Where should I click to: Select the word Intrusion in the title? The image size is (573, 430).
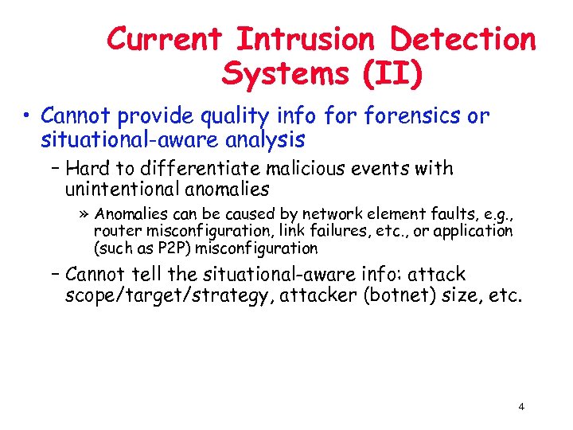[305, 39]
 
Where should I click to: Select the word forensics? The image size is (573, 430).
[413, 116]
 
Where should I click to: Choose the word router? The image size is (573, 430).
[114, 231]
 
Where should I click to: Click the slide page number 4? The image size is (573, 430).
[520, 407]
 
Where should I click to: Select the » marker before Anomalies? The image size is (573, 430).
[85, 214]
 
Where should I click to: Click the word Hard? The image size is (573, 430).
[88, 169]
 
